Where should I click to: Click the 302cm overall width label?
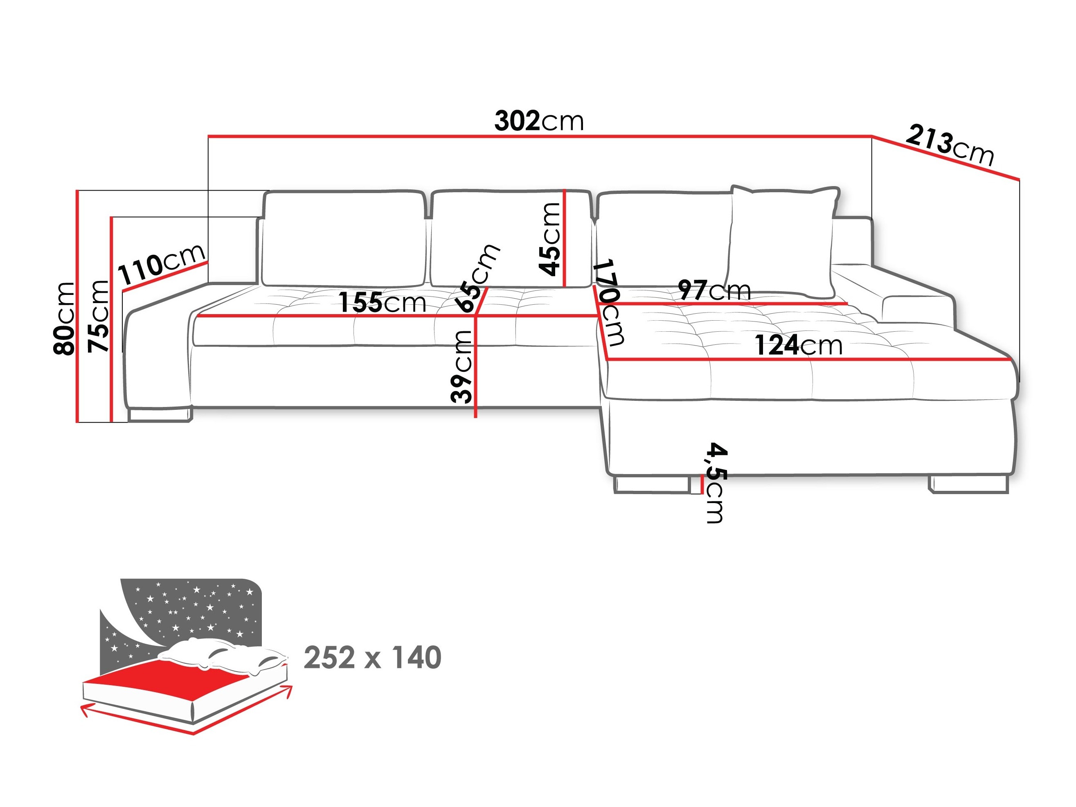[538, 121]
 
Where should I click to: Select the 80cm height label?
[65, 318]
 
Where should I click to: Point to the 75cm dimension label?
[99, 316]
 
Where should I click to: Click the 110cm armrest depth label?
[162, 263]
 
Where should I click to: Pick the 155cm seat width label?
[382, 303]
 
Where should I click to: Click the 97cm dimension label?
[714, 290]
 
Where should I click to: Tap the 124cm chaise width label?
[798, 345]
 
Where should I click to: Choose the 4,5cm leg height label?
[716, 483]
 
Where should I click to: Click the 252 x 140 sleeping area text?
[372, 658]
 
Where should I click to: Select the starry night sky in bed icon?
[195, 608]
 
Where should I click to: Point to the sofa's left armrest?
[155, 355]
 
